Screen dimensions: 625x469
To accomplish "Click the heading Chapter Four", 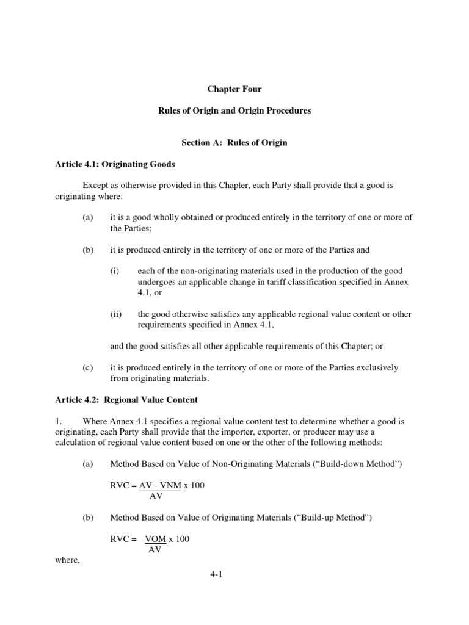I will click(234, 89).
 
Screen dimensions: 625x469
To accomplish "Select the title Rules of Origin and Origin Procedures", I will click(234, 111).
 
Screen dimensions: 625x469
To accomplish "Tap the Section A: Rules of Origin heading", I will click(234, 143).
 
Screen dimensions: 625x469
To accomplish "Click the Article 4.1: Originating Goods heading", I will click(112, 165).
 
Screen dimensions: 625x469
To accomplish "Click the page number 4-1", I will click(234, 573).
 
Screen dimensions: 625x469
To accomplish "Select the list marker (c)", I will click(88, 368).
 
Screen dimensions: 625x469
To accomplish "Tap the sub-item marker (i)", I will click(115, 271).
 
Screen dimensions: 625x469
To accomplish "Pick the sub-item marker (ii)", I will click(116, 314).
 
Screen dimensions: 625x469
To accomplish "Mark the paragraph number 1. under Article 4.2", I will click(53, 421).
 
